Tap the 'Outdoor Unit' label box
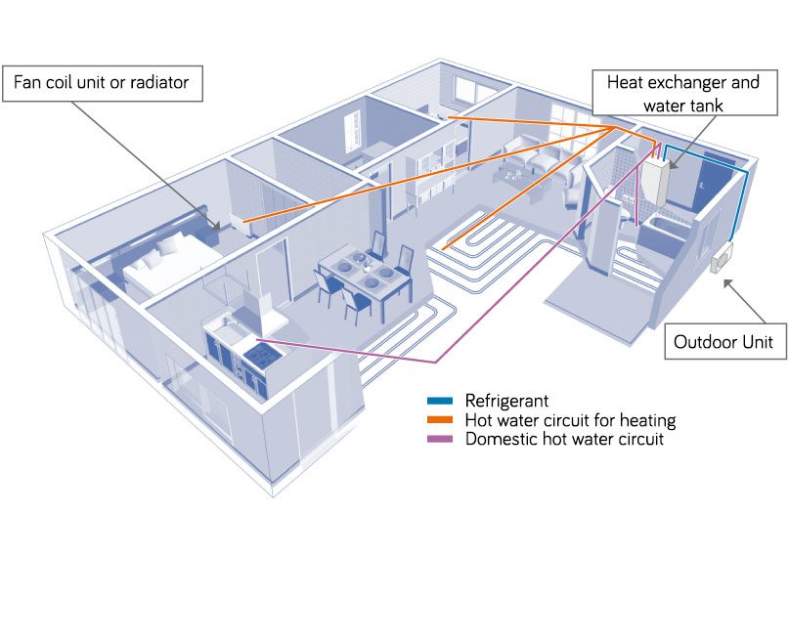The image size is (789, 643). pyautogui.click(x=724, y=341)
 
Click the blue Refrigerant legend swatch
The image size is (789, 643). pyautogui.click(x=439, y=401)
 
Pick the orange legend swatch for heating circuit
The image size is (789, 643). pyautogui.click(x=439, y=420)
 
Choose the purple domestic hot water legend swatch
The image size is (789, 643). pyautogui.click(x=439, y=440)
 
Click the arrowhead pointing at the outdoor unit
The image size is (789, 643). pyautogui.click(x=724, y=283)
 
